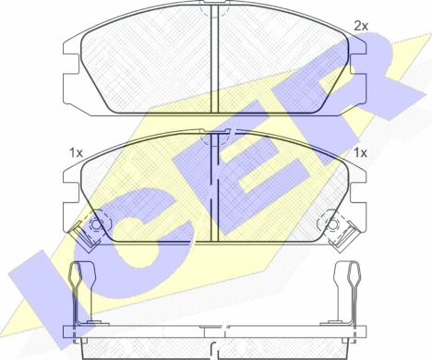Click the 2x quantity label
tap(361, 26)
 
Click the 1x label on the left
tap(76, 152)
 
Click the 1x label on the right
tap(360, 152)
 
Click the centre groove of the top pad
tap(214, 58)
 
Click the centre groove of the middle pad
tap(214, 186)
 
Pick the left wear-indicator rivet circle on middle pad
tap(96, 225)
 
